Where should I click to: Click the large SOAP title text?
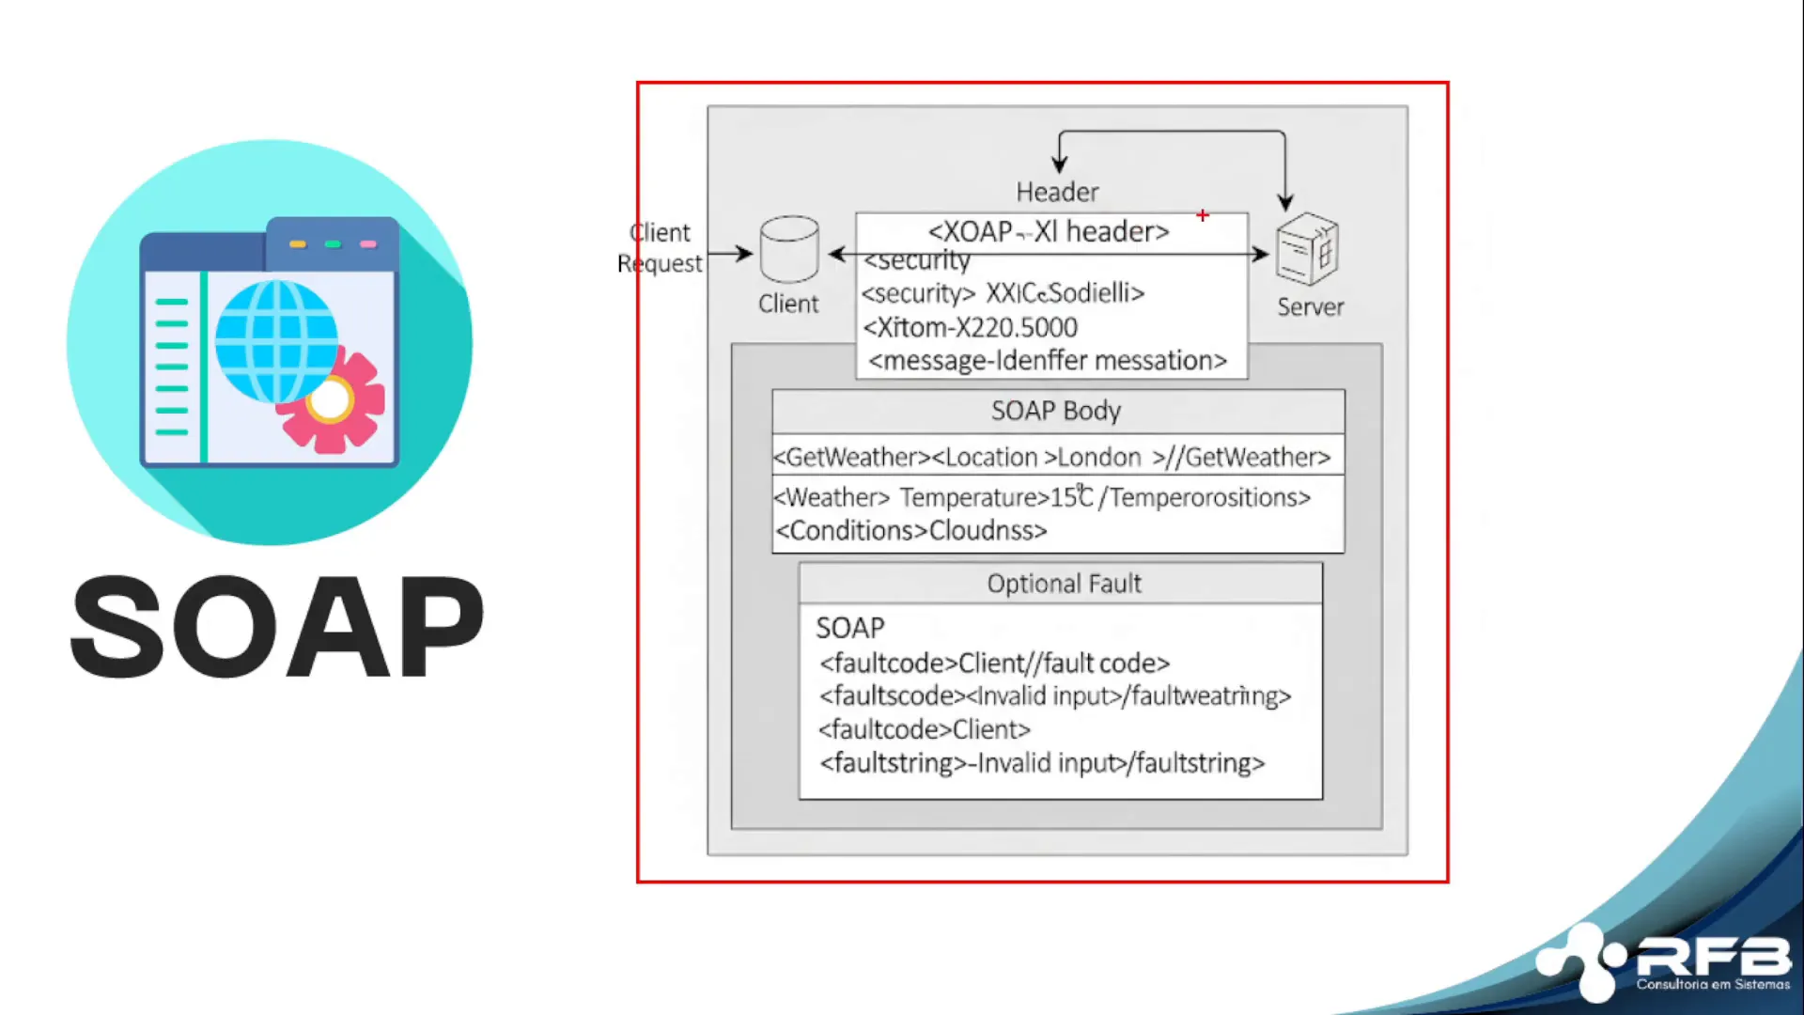[x=277, y=627]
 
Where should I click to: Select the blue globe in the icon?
[x=275, y=340]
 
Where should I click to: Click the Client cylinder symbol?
[x=789, y=249]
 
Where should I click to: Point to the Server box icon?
[x=1307, y=249]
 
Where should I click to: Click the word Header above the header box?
[x=1057, y=193]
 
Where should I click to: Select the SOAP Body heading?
[x=1056, y=411]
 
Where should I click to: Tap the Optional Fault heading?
[x=1064, y=584]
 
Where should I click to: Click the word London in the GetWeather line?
[x=1098, y=458]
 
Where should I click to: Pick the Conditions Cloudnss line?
[x=910, y=531]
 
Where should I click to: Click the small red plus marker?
[x=1203, y=215]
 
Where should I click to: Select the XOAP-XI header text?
[x=1049, y=231]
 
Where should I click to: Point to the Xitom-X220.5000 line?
[x=970, y=327]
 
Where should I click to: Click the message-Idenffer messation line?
[x=1048, y=361]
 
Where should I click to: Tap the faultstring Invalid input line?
[x=1042, y=763]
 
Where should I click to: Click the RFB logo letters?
[x=1714, y=958]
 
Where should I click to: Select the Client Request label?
[x=660, y=248]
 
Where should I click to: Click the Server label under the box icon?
[x=1310, y=307]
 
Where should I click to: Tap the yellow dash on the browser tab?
[x=298, y=244]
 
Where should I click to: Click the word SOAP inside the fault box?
[x=850, y=628]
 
